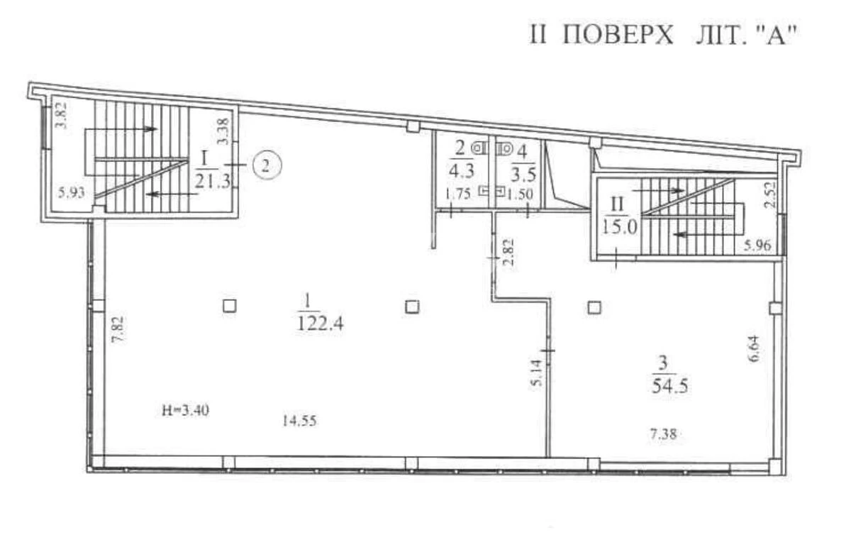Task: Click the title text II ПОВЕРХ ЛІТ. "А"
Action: point(664,35)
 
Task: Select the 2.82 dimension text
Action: point(508,253)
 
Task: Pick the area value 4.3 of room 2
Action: point(460,170)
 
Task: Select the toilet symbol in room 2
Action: point(480,148)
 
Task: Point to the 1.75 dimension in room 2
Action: point(458,194)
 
